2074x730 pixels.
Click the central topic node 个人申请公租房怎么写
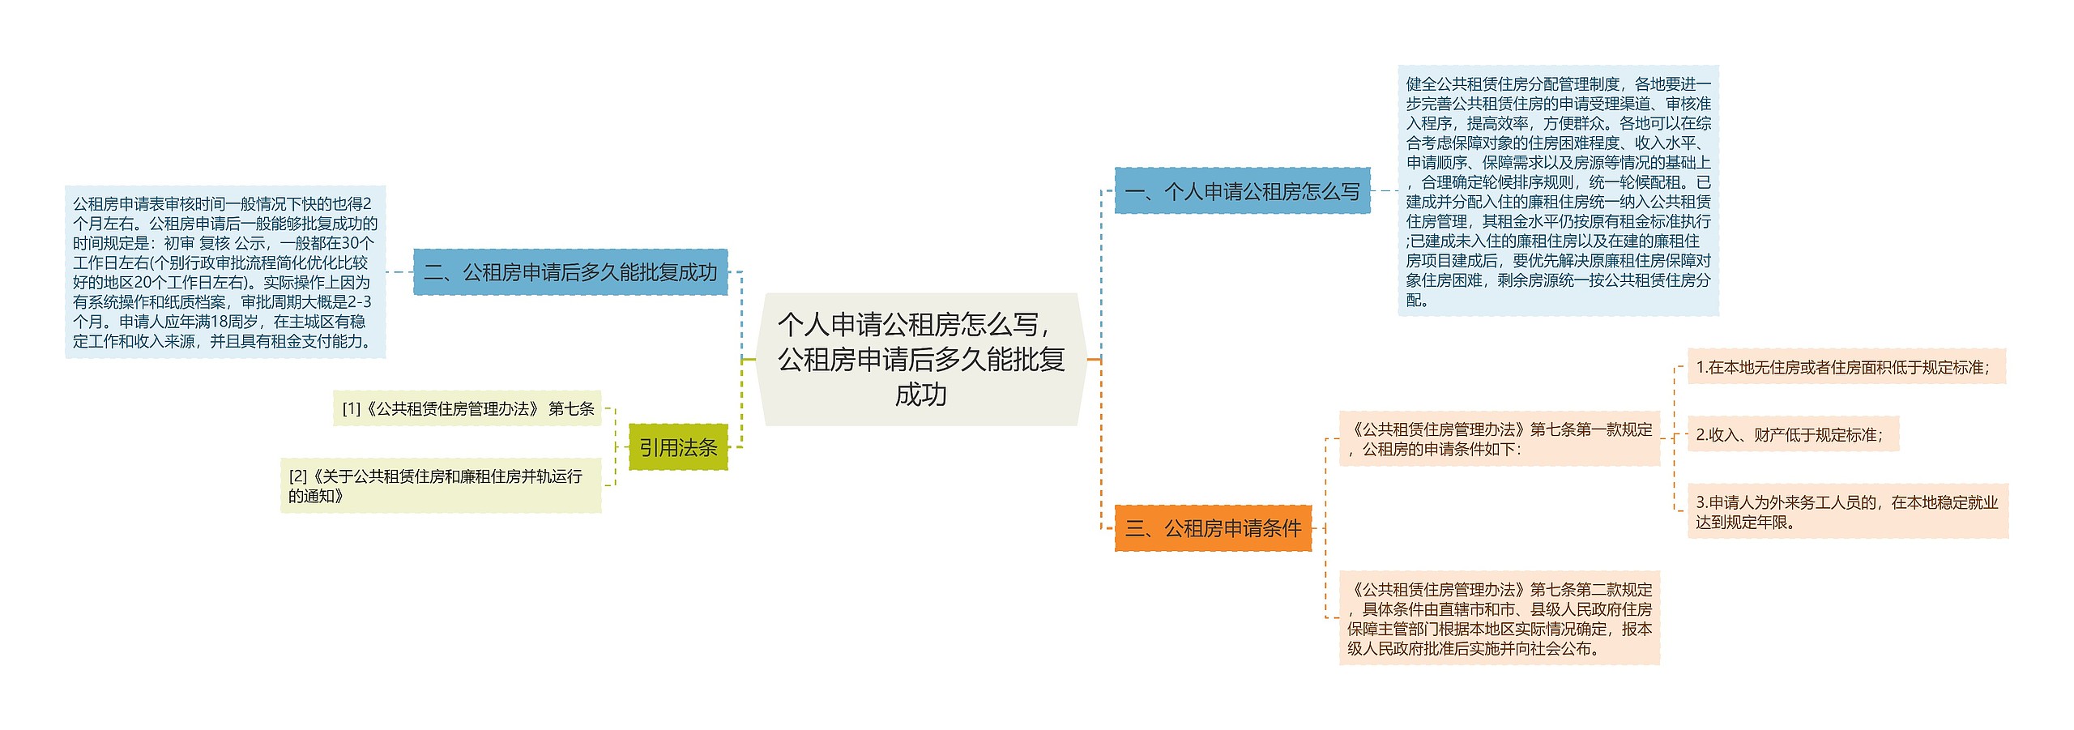tap(920, 359)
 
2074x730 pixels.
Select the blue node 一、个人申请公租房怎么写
tap(1241, 191)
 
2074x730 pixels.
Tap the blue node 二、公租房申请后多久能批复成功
tap(570, 272)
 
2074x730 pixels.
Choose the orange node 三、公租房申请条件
tap(1212, 528)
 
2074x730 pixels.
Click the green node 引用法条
tap(678, 447)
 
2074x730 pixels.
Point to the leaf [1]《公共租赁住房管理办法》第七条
tap(467, 408)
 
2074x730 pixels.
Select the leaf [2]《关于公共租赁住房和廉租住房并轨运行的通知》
tap(441, 486)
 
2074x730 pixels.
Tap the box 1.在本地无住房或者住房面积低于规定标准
tap(1846, 367)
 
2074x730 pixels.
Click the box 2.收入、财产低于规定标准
tap(1792, 435)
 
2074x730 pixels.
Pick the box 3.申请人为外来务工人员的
tap(1847, 512)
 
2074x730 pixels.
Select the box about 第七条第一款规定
tap(1499, 439)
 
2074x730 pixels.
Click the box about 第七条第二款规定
tap(1499, 619)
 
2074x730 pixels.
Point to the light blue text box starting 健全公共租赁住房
tap(1557, 191)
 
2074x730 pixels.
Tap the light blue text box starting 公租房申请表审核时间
tap(224, 272)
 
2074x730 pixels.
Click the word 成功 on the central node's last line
tap(920, 395)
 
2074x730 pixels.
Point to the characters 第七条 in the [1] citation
tap(571, 408)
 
